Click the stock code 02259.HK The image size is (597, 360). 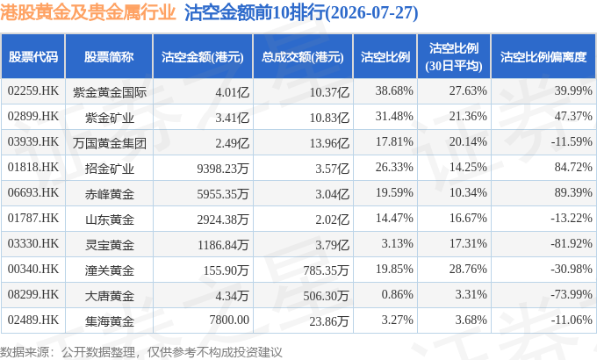pos(33,91)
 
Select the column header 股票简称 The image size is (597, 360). pos(109,57)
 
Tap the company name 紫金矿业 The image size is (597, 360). pos(110,118)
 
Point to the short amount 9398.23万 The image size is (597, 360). pos(223,168)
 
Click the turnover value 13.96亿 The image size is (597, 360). pos(329,143)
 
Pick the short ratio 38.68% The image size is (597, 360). pos(394,91)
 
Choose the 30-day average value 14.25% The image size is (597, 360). pos(468,167)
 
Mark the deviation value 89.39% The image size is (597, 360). pos(573,193)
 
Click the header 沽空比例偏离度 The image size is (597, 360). pos(543,57)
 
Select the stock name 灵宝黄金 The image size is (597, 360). pos(110,245)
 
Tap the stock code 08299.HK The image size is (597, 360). pos(33,294)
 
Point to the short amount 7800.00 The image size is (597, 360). pos(229,320)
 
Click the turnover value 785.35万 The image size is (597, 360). pos(326,270)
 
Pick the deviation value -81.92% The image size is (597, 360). pos(572,243)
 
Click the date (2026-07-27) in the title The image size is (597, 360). pos(372,13)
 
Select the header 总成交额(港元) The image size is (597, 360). pos(303,57)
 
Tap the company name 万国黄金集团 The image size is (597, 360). pos(110,143)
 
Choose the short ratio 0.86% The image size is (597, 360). pos(397,294)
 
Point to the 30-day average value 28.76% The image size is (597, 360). pos(468,269)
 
